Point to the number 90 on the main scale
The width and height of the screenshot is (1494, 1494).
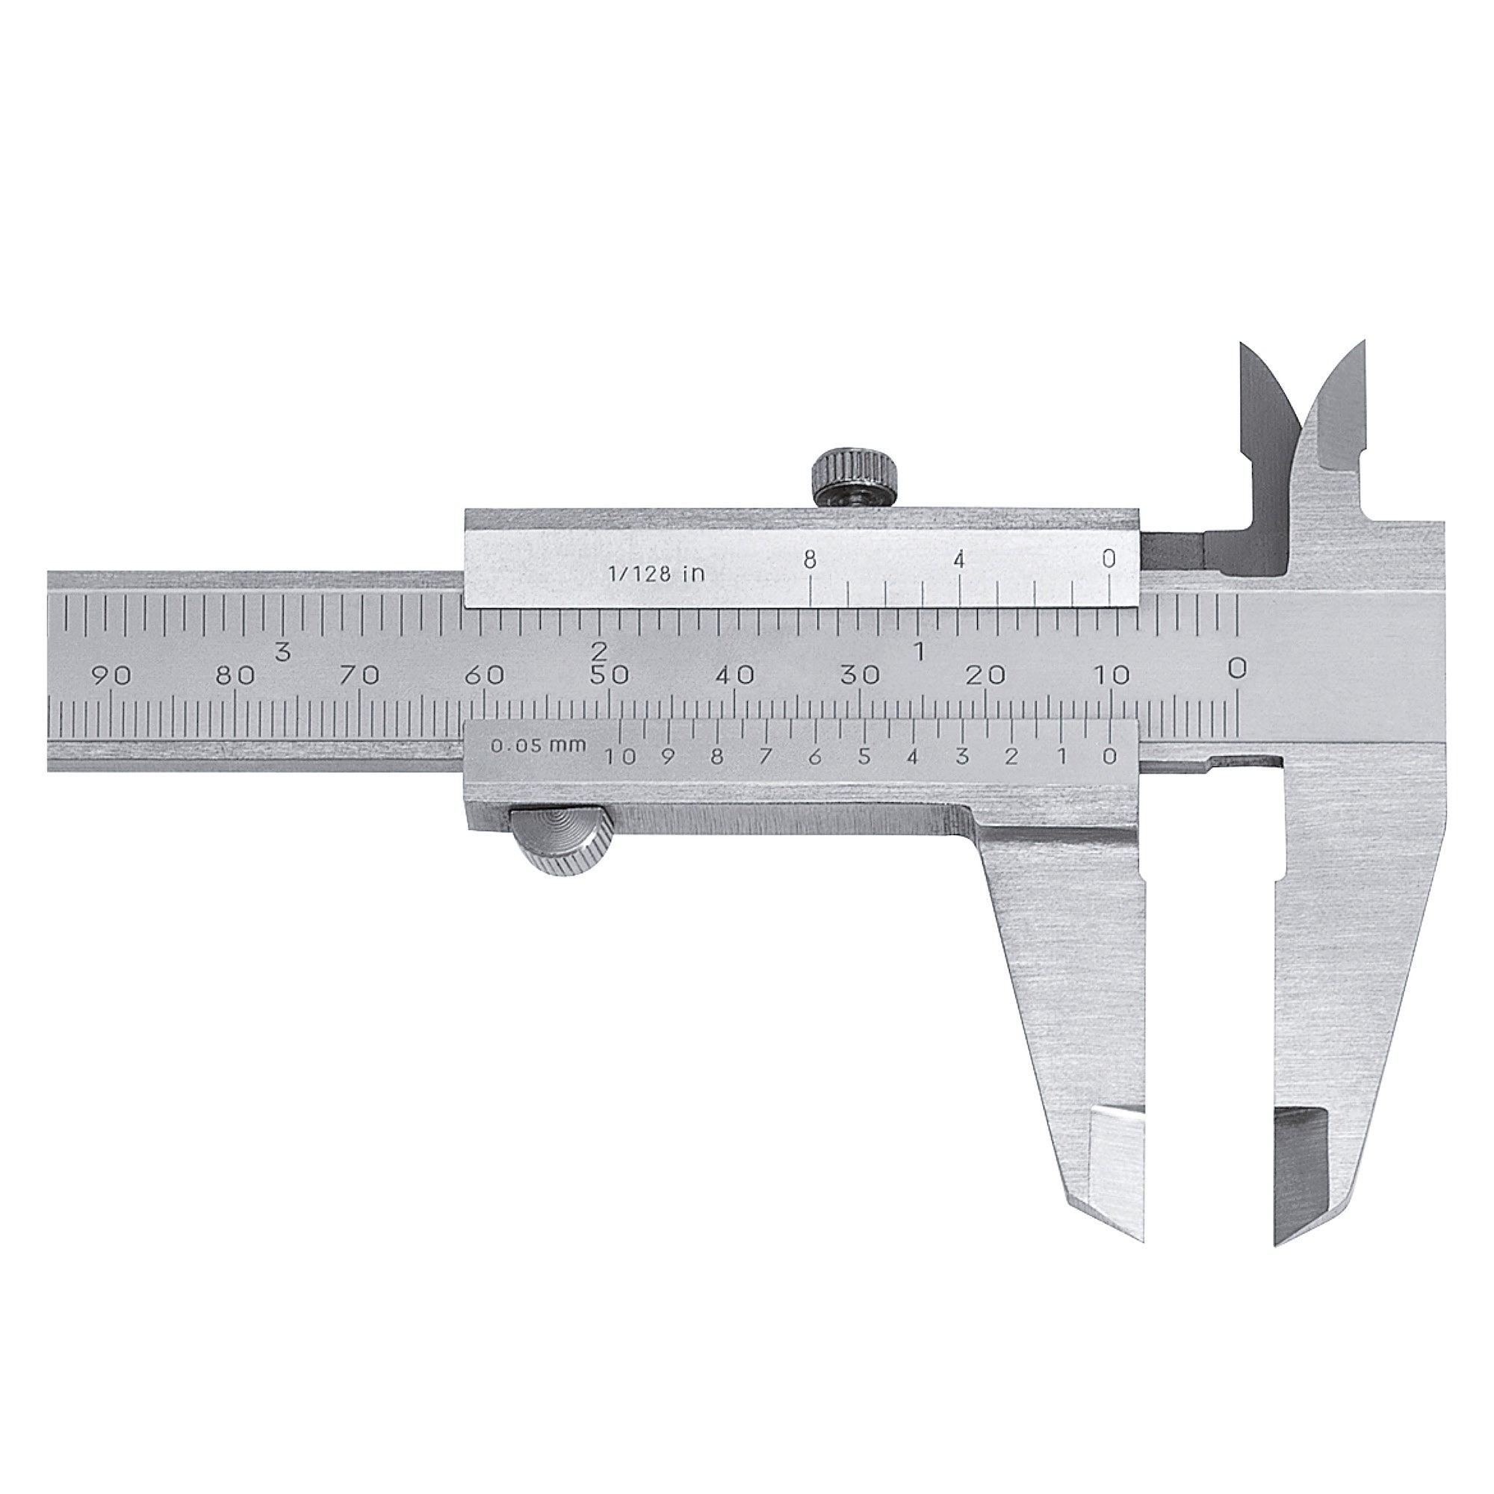pyautogui.click(x=111, y=676)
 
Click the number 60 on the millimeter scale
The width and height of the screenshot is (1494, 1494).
pyautogui.click(x=485, y=675)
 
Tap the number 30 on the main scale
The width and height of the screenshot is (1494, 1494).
pyautogui.click(x=860, y=675)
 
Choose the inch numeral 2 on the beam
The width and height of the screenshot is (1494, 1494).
pyautogui.click(x=599, y=650)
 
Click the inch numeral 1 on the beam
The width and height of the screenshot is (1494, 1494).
pyautogui.click(x=920, y=651)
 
